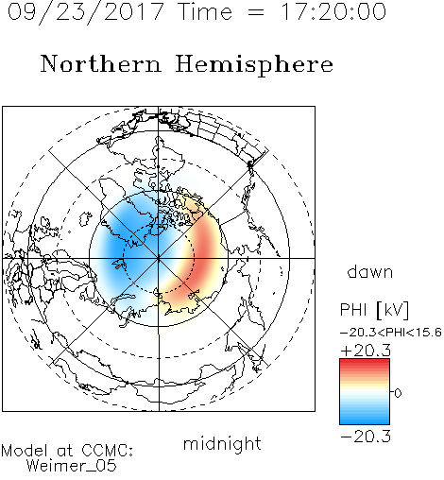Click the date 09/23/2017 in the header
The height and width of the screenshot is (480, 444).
85,12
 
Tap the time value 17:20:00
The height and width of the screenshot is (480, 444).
333,11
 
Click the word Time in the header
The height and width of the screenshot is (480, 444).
205,11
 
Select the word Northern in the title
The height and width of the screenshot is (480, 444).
101,63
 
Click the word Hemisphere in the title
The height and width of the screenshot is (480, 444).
254,65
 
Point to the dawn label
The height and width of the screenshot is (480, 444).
370,271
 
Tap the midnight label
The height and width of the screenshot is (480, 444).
222,444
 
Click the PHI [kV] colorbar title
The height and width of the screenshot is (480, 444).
374,310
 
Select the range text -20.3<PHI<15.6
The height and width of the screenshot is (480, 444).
391,333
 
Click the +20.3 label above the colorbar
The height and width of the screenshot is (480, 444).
366,351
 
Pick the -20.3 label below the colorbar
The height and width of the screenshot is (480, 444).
366,437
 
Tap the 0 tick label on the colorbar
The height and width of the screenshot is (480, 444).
398,393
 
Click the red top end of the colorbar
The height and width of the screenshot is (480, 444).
365,362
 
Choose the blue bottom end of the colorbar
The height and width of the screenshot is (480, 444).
365,421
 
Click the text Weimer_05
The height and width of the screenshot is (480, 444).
72,466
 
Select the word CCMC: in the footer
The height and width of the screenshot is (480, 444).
108,451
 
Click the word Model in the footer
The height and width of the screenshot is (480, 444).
25,451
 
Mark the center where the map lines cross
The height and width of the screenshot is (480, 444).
159,258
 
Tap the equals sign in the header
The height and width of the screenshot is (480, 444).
256,12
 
